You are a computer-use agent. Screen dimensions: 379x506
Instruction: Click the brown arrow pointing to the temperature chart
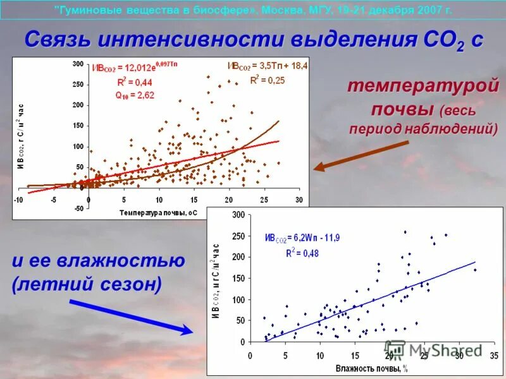point(361,155)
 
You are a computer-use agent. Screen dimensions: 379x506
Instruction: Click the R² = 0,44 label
point(134,81)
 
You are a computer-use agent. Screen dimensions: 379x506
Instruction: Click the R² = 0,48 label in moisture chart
point(302,253)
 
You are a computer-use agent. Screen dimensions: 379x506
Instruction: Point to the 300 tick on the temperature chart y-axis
point(78,64)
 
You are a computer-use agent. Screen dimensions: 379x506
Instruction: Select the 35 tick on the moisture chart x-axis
point(494,356)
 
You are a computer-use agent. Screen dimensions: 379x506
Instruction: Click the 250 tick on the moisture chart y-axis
point(238,236)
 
